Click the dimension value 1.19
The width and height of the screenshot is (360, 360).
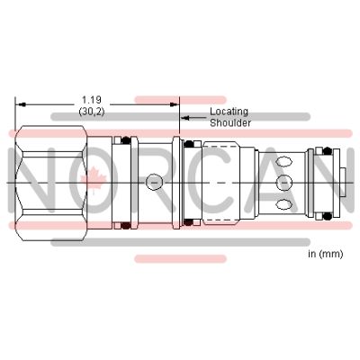click(92, 100)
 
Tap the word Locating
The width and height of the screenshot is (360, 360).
click(229, 112)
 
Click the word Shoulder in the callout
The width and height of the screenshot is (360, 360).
click(230, 123)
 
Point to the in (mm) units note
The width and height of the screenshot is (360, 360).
click(326, 254)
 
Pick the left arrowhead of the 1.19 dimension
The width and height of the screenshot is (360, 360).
click(20, 104)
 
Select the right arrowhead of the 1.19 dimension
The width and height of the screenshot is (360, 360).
click(175, 104)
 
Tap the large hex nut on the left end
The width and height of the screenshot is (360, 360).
click(51, 184)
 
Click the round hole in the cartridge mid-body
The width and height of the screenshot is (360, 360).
click(154, 181)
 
